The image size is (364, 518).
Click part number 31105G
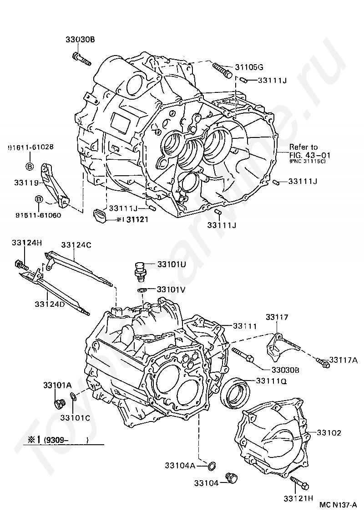coord(249,67)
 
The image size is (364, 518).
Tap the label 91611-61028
coord(30,147)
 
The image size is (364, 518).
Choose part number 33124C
coord(76,245)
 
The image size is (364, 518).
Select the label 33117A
coord(344,359)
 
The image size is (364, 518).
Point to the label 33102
coord(329,432)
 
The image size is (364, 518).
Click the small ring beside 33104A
coord(212,465)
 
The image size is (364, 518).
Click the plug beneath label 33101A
coord(59,403)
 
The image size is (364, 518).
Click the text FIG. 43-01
coord(311,154)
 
